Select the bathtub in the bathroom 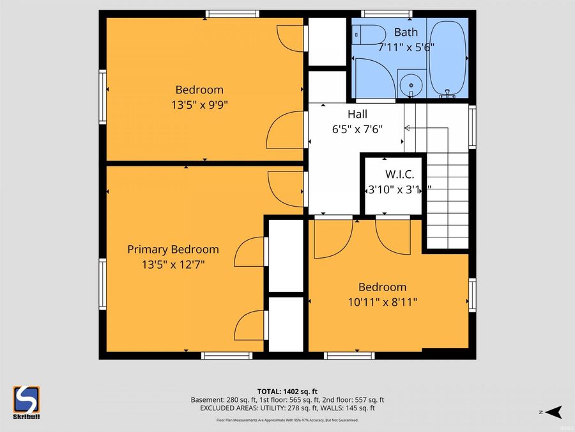[448, 58]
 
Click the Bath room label [406, 32]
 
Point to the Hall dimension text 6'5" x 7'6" [356, 127]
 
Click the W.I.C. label [399, 174]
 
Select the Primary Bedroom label [172, 249]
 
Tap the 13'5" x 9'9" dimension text [199, 104]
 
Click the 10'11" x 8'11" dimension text [382, 301]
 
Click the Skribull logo [26, 402]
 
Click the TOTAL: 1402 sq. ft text [287, 390]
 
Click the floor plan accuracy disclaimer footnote [287, 420]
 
